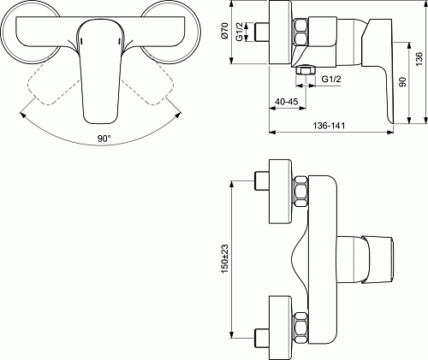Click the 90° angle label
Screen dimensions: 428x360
(104, 139)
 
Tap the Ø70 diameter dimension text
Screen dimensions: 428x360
(225, 31)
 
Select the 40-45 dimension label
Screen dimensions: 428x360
(286, 102)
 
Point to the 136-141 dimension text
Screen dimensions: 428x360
(329, 126)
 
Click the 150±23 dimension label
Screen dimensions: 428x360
(225, 259)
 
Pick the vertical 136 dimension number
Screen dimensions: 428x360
(419, 59)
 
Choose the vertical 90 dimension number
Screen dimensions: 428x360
(402, 82)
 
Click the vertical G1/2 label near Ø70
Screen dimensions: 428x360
(240, 32)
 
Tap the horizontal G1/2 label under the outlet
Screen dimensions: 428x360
(331, 79)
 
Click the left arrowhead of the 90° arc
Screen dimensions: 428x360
(22, 115)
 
